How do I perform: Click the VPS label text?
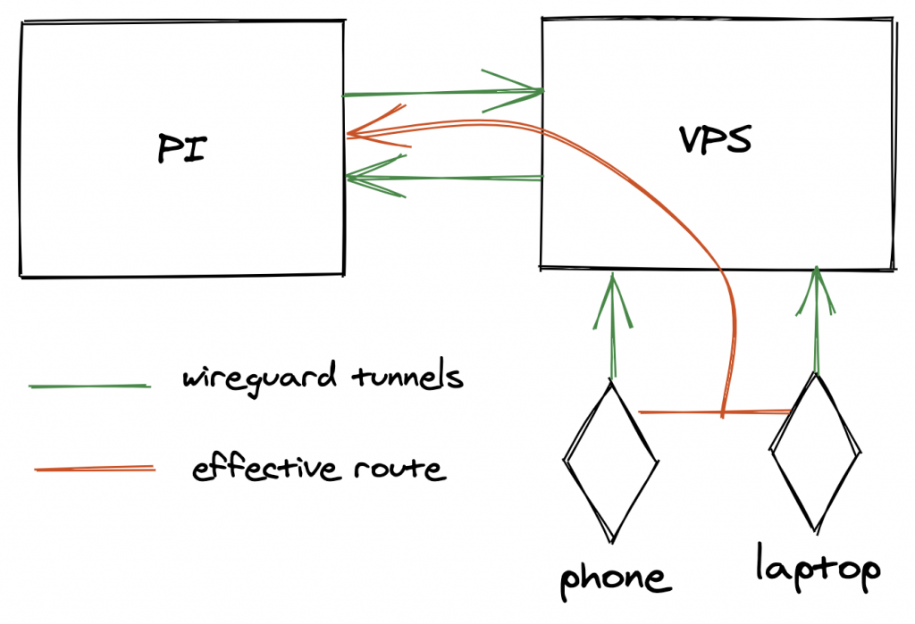coord(715,140)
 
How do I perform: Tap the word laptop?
coord(818,569)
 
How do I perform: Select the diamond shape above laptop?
coord(816,453)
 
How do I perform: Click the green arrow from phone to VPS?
coord(613,326)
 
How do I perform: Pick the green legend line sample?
coord(89,386)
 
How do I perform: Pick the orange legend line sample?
coord(94,468)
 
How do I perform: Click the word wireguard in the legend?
coord(254,379)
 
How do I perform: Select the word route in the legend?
coord(399,468)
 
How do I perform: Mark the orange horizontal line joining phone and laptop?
coord(679,413)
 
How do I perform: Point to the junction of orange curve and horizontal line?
coord(723,413)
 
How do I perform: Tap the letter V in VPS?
coord(690,140)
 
